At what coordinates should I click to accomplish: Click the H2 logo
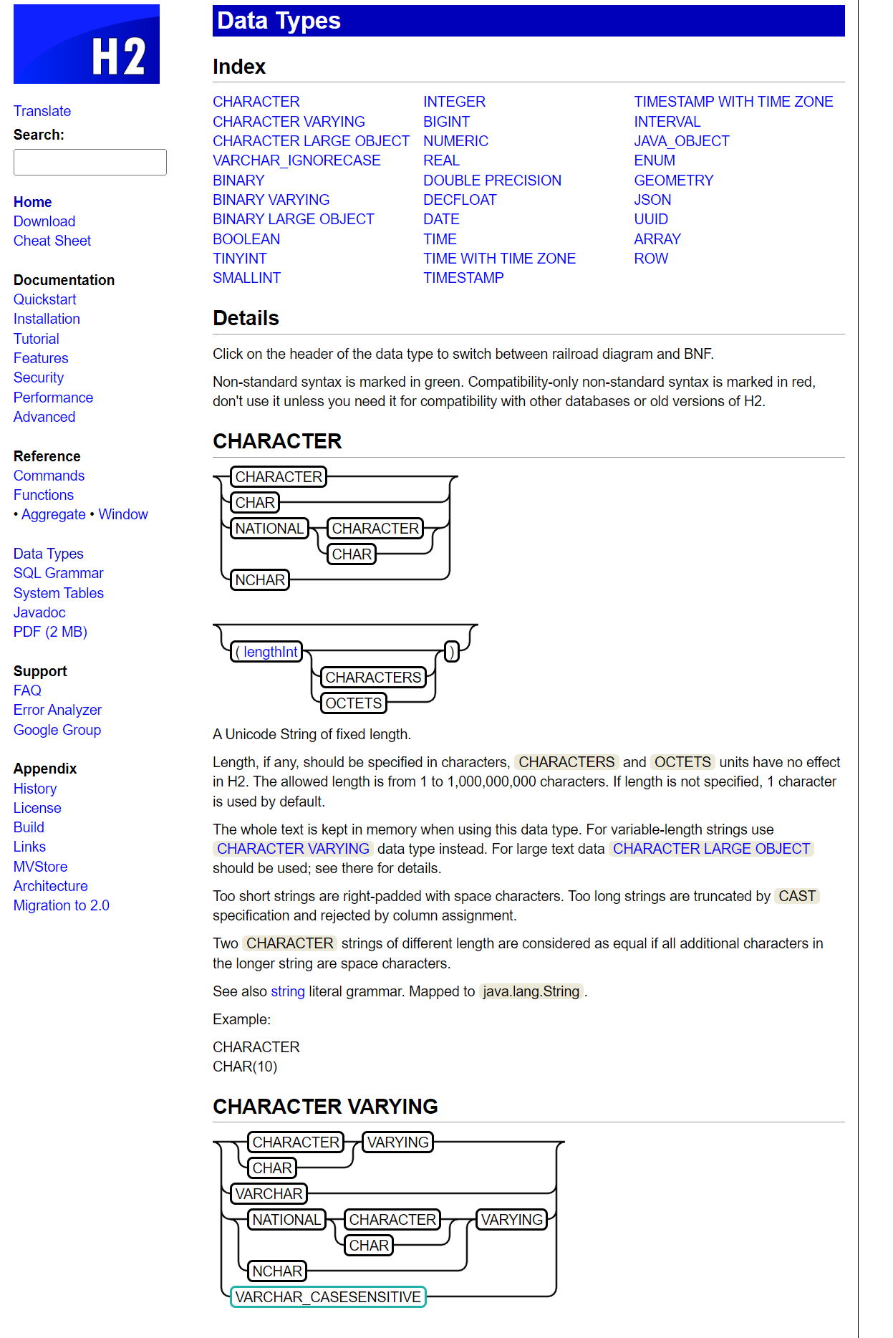point(87,44)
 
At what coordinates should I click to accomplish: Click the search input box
point(90,163)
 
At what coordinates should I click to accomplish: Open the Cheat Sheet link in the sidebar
point(52,241)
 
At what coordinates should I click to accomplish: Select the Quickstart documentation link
point(44,299)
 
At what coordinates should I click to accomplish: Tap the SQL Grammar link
point(59,573)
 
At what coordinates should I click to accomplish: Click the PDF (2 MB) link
point(50,632)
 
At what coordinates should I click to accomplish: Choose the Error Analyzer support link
point(57,710)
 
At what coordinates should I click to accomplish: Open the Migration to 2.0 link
point(62,905)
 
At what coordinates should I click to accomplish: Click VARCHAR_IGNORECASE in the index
point(296,160)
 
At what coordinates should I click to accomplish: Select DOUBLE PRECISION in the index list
point(492,181)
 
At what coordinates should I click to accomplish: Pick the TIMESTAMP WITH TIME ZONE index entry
point(733,102)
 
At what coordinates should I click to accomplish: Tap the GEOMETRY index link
point(673,181)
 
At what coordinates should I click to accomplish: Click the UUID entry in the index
point(650,219)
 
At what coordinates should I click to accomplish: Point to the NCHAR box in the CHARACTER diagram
point(260,580)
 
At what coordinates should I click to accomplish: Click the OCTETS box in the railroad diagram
point(354,703)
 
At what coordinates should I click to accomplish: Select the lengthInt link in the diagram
point(270,652)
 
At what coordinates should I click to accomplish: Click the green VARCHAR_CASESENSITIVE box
point(328,1297)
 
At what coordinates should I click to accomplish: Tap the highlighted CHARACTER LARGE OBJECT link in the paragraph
point(711,849)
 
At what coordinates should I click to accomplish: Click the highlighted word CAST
point(796,896)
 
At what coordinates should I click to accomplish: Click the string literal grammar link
point(288,991)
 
